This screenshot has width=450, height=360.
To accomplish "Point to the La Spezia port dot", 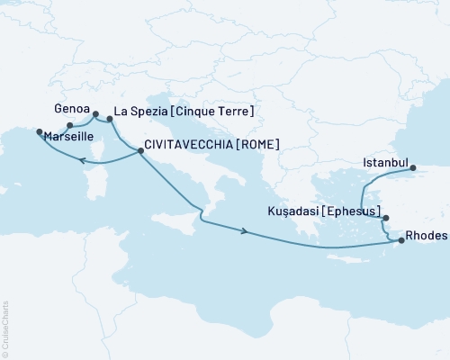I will click(109, 118).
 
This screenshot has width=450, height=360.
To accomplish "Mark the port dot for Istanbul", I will click(412, 168).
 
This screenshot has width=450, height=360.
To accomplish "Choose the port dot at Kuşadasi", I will click(385, 218).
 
